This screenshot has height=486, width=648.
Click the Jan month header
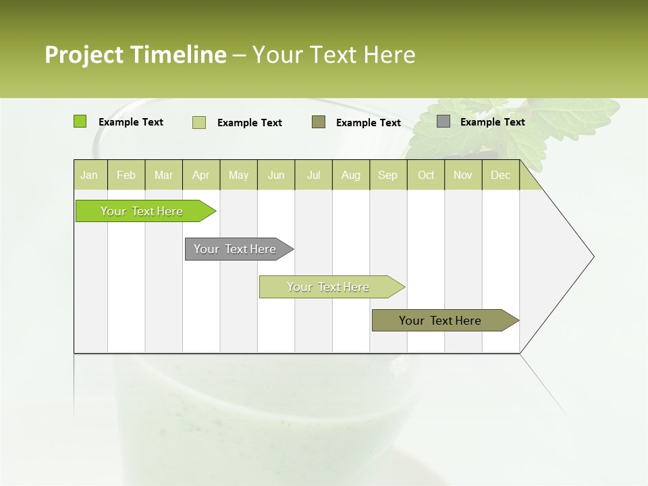pos(89,175)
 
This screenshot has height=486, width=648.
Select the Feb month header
pos(126,175)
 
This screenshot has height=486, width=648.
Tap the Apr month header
pos(200,175)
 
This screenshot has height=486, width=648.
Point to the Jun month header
pos(276,175)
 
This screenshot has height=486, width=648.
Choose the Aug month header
pos(350,175)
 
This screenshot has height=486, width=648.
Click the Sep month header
pos(387,175)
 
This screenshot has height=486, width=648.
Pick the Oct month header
pos(426,175)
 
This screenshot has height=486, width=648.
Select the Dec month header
pos(500,175)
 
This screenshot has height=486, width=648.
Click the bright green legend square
pos(80,122)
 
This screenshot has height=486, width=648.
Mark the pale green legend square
pos(199,122)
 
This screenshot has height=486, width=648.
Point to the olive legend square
pos(319,122)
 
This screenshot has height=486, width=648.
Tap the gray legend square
pos(443,122)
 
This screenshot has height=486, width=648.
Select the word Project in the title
pos(84,55)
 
